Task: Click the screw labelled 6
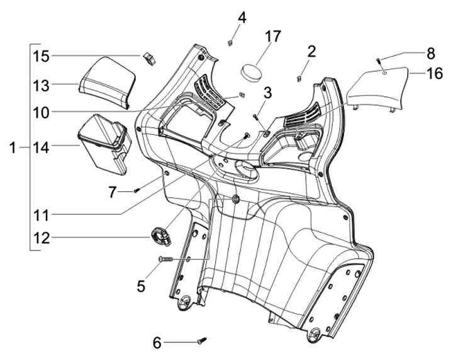(200, 340)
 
